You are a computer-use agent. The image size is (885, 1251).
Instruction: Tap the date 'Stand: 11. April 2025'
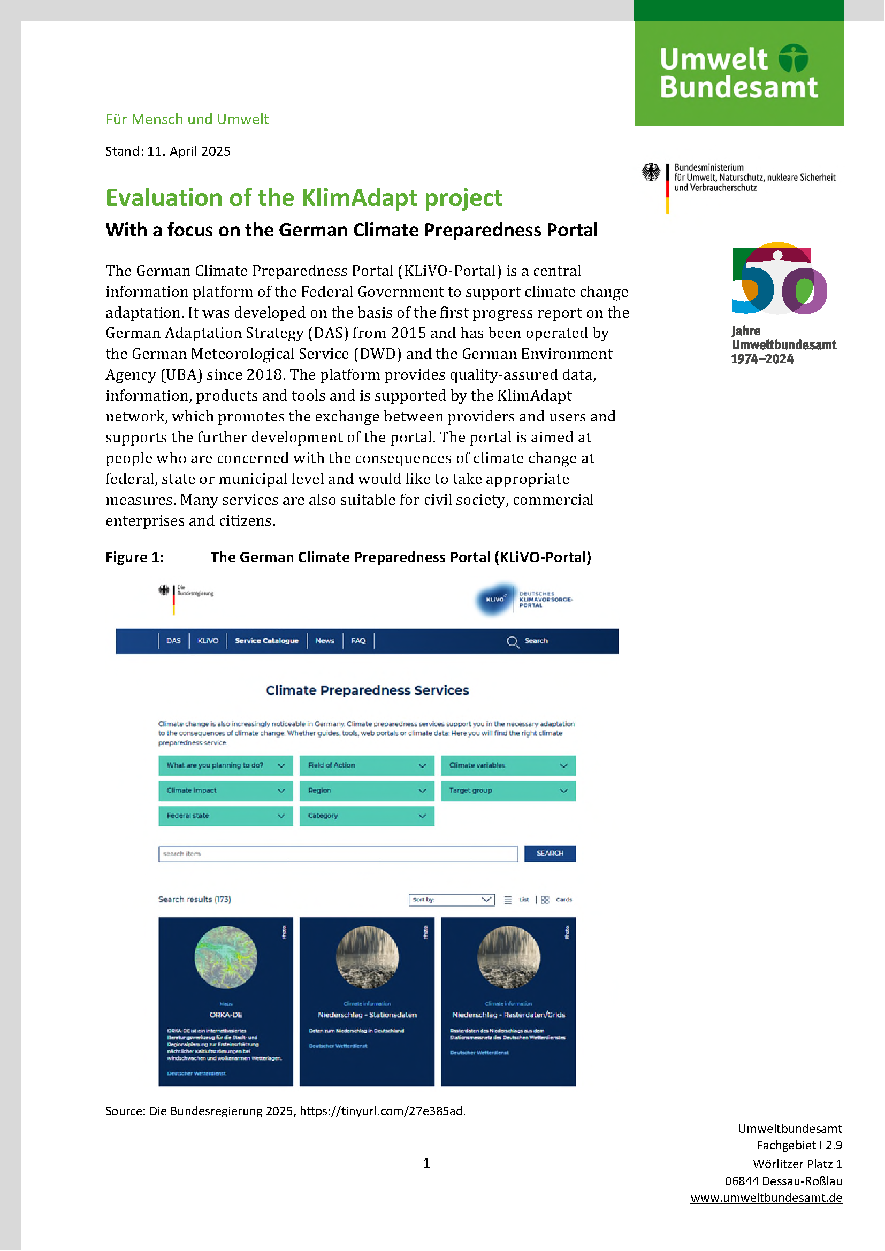click(x=168, y=151)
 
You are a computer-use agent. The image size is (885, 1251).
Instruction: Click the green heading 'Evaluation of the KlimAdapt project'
click(x=303, y=198)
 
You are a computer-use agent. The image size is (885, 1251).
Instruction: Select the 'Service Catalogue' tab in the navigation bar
click(x=266, y=641)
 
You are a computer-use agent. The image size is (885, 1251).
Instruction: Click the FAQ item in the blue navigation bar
click(x=358, y=641)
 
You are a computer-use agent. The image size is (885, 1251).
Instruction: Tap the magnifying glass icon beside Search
click(x=512, y=641)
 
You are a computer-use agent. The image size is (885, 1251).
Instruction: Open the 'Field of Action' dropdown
click(x=367, y=765)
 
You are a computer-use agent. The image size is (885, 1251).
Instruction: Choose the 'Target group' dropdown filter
click(x=508, y=790)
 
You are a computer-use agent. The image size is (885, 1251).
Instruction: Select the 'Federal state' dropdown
click(x=226, y=816)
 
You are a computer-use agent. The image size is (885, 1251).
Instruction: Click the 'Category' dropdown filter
click(x=367, y=816)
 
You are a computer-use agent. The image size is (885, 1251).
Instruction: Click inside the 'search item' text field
click(x=338, y=854)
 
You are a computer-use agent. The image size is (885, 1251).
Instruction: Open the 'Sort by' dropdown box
click(x=451, y=900)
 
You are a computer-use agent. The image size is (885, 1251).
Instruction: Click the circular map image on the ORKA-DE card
click(x=226, y=957)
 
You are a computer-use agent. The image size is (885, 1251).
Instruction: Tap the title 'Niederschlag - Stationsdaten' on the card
click(x=367, y=1015)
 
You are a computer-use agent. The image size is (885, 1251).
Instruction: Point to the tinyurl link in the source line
click(x=382, y=1111)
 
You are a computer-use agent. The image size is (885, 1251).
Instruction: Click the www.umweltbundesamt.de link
click(x=766, y=1198)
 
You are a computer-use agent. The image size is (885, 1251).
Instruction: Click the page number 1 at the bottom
click(x=426, y=1163)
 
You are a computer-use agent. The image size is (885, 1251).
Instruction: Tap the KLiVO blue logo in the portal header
click(x=495, y=600)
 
